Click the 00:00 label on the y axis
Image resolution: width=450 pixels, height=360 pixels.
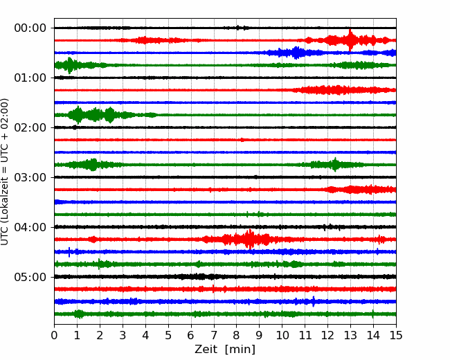tap(30, 28)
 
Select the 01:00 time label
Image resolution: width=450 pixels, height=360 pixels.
tap(30, 78)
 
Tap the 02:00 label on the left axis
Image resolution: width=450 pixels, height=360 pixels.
tap(30, 127)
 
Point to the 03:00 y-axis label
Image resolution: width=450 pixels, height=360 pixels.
tap(30, 177)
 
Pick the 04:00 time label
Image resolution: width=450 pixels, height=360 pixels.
tap(30, 227)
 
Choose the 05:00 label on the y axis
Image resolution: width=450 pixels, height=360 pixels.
tap(30, 277)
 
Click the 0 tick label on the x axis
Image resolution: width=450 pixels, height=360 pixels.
tap(54, 335)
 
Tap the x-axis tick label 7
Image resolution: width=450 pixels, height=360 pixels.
tap(214, 335)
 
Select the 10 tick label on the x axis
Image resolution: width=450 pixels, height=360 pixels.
tap(282, 335)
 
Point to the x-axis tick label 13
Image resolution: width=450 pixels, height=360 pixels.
tap(350, 335)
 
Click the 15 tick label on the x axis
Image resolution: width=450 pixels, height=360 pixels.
tap(396, 335)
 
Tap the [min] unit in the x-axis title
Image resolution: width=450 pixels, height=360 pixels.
tap(240, 350)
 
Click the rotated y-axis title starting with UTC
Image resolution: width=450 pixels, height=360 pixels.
tap(5, 172)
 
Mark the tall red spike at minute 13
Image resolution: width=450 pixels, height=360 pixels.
tap(350, 40)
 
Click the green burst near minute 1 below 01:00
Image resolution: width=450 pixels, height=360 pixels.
tap(78, 115)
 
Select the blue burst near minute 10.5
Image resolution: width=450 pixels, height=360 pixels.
tap(296, 53)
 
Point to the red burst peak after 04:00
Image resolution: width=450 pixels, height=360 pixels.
tap(250, 239)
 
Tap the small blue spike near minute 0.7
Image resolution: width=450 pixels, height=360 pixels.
tap(69, 252)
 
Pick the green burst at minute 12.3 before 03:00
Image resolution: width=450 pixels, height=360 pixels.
tap(335, 165)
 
